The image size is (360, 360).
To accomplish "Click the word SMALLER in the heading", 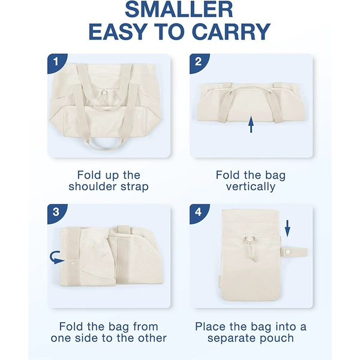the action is click(x=179, y=10).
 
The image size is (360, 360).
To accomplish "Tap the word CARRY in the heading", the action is click(x=232, y=31).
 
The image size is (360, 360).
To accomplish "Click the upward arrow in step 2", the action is click(x=251, y=124).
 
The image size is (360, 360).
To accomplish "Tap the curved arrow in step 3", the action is click(x=56, y=257).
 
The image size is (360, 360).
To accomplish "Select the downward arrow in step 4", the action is click(x=287, y=228).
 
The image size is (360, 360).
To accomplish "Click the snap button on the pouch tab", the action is click(x=287, y=253).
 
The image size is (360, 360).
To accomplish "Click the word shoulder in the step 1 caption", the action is click(x=92, y=187).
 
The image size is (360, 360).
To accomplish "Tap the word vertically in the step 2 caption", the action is click(x=251, y=187).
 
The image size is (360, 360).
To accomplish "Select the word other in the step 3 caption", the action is click(x=152, y=338).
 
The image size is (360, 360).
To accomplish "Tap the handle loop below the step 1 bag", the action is click(x=104, y=144).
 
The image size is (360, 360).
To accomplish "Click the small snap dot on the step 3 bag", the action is click(x=73, y=262).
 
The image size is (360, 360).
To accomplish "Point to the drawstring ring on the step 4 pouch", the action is click(x=250, y=239).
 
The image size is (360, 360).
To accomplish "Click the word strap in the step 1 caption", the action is click(x=134, y=187).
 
